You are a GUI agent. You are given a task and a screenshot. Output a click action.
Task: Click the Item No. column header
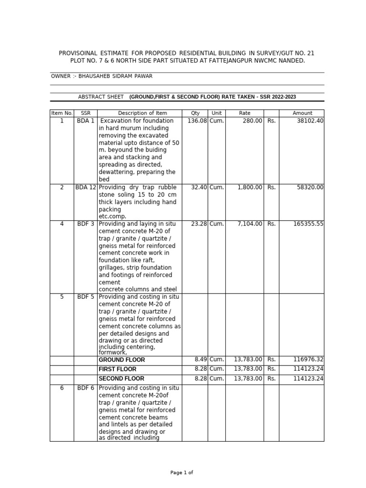coord(61,113)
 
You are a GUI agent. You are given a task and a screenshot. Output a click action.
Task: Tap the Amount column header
coord(302,113)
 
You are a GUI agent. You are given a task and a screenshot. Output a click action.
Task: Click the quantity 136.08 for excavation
coord(197,121)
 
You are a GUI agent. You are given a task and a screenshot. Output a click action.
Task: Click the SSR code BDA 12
coord(85,187)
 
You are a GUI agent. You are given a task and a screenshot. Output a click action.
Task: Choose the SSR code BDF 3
coord(85,224)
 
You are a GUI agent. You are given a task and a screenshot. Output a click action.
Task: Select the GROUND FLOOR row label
coord(122,360)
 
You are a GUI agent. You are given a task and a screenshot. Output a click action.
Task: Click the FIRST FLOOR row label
coord(117,369)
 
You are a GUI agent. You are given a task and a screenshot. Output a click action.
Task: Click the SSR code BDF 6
coord(85,388)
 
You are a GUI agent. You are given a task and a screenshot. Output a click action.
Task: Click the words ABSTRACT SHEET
coord(101,97)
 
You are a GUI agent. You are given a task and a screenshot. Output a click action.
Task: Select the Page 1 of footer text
coord(182,473)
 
